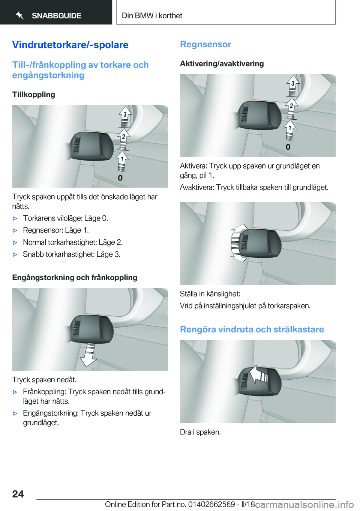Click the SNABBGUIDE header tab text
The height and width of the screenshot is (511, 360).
tap(56, 16)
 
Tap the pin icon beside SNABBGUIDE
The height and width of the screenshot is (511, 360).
tap(19, 15)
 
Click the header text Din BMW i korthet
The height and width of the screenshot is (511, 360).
tap(152, 16)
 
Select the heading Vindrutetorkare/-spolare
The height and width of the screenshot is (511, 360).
tap(70, 45)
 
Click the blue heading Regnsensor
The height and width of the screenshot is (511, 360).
tap(205, 44)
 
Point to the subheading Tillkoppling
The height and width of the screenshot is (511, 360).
tap(33, 95)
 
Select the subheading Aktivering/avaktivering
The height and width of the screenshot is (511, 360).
tap(222, 64)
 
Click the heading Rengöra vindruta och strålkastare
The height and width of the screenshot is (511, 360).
tap(252, 329)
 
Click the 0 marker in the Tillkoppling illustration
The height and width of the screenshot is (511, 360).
tap(120, 178)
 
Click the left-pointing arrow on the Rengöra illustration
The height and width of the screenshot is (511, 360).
tap(258, 374)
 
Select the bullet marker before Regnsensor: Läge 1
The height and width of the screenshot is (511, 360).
tap(15, 230)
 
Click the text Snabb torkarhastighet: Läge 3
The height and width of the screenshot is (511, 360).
tap(72, 254)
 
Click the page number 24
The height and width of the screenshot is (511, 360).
tap(18, 494)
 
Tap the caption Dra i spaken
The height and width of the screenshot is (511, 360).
tap(200, 432)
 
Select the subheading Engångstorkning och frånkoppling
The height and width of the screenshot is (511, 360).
tap(75, 278)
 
